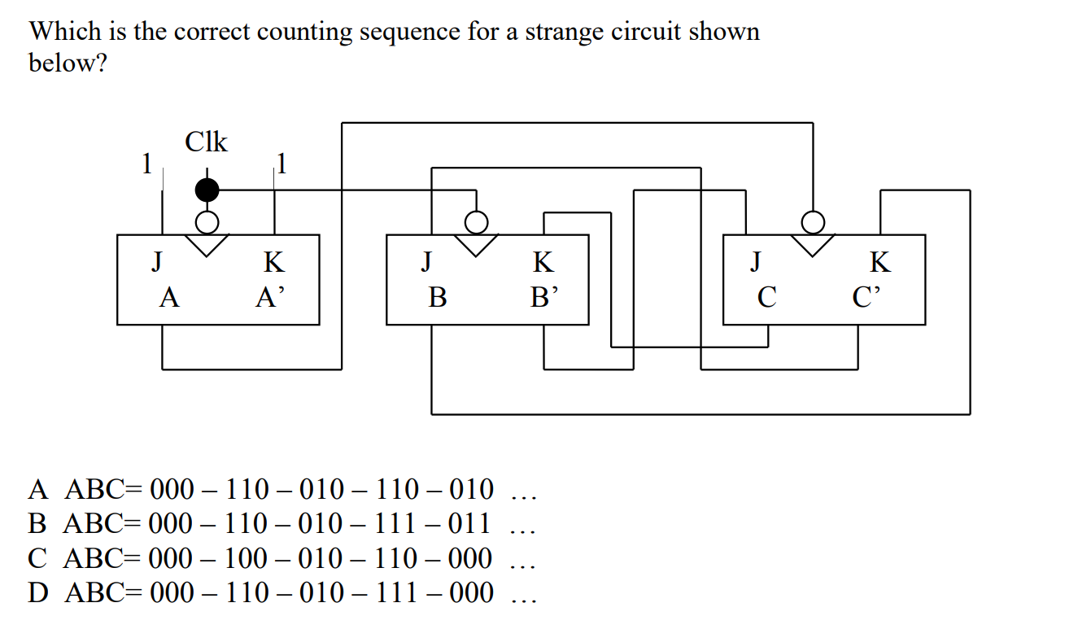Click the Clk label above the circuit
click(207, 142)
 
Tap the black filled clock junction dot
click(207, 190)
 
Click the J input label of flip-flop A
click(157, 262)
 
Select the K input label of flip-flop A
click(274, 262)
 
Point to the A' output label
click(270, 298)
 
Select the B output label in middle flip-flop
click(438, 298)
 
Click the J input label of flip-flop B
click(426, 262)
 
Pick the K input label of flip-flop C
click(879, 262)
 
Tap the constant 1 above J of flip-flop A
click(147, 164)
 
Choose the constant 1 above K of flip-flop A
click(281, 164)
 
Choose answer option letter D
click(38, 593)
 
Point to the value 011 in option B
click(464, 524)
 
